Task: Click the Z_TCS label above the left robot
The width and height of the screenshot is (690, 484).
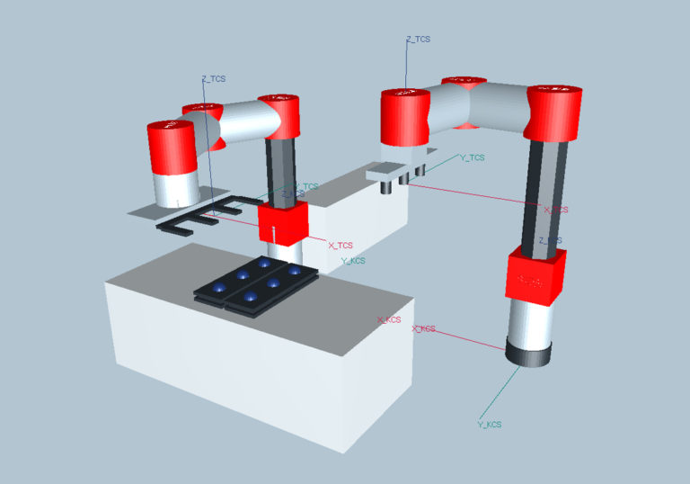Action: click(x=214, y=79)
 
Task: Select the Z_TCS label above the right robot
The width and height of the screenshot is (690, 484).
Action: click(x=419, y=40)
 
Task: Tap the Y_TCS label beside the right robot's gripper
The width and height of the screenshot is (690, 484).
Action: click(x=472, y=157)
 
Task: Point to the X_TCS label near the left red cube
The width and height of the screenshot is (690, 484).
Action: click(x=341, y=245)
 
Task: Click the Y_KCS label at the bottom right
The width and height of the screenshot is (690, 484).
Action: click(x=490, y=424)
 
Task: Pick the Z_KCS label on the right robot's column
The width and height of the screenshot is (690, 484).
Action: click(x=550, y=240)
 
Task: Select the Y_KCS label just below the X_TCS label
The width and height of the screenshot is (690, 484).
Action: click(x=353, y=261)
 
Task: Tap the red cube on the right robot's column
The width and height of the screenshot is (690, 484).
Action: click(x=536, y=273)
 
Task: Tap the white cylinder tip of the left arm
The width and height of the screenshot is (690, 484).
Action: click(x=175, y=188)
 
